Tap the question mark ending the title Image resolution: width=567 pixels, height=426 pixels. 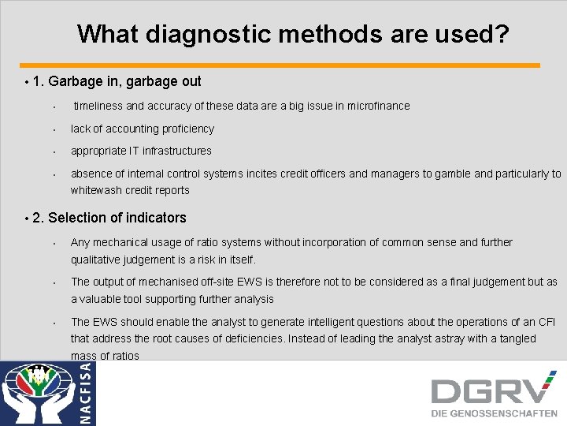click(x=501, y=34)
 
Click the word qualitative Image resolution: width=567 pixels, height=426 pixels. click(x=97, y=260)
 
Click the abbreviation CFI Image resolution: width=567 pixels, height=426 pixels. click(x=547, y=322)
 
